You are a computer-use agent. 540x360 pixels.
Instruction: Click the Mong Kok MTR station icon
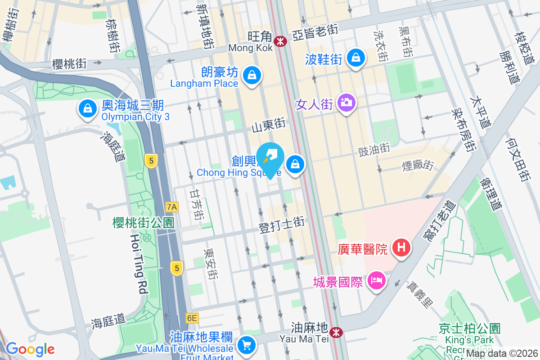click(281, 41)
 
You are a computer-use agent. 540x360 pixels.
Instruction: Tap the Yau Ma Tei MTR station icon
click(335, 332)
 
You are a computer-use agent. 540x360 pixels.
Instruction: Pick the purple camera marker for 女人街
click(346, 103)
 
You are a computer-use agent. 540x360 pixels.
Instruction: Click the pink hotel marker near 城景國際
click(377, 281)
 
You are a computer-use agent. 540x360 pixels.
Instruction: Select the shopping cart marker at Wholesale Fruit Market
click(246, 346)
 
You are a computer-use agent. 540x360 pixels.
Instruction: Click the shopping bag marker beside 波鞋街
click(356, 57)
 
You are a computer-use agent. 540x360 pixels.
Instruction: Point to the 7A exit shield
click(172, 207)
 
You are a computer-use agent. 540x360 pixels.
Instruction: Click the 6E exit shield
click(192, 318)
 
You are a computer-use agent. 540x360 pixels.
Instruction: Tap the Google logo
click(30, 349)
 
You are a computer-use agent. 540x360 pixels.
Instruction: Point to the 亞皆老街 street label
click(315, 30)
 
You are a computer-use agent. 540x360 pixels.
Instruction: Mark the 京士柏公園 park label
click(470, 329)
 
